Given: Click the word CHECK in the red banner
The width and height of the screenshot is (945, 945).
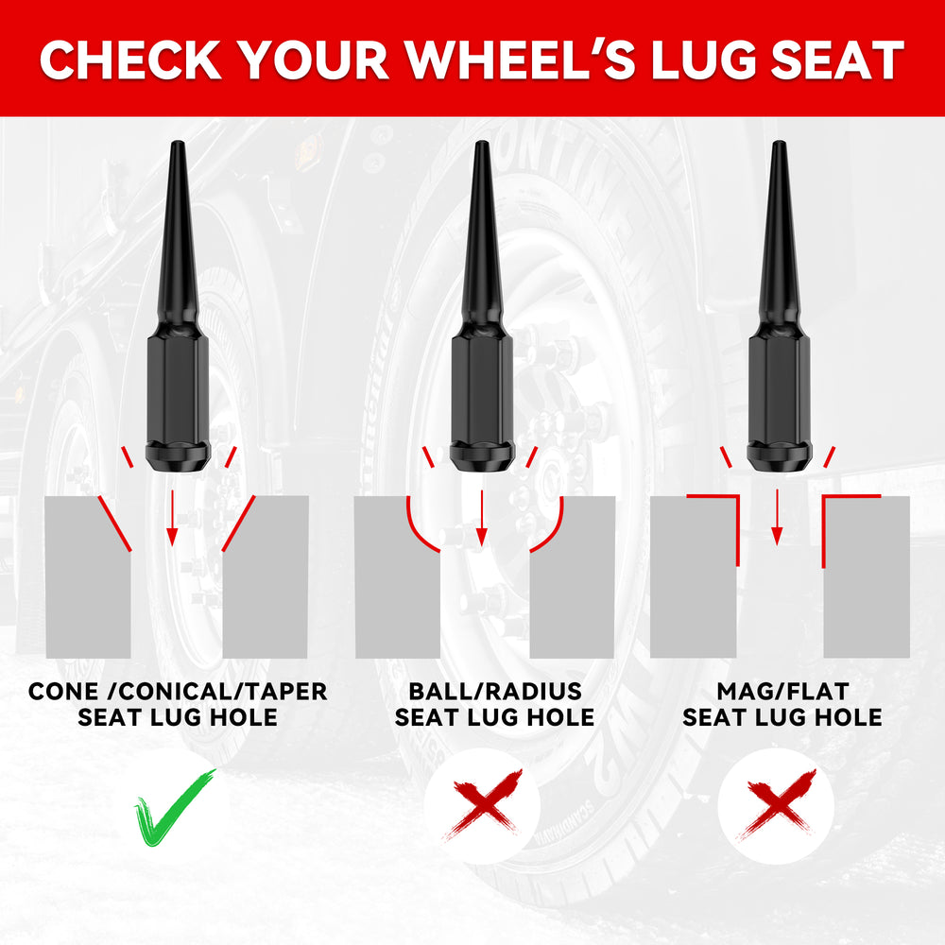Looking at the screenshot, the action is pos(130,60).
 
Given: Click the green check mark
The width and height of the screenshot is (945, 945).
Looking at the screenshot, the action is pos(174,808).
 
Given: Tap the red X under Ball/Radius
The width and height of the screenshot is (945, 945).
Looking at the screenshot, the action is pos(482,804).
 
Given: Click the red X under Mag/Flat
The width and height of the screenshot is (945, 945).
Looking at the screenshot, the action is pos(776,804).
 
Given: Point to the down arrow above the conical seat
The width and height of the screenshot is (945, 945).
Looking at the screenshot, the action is pos(172,518).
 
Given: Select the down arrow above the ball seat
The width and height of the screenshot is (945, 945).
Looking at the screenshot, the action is pos(482,518).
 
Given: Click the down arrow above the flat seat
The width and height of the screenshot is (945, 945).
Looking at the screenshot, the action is pos(777,518).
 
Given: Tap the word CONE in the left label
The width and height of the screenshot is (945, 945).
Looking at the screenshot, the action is pos(63,692).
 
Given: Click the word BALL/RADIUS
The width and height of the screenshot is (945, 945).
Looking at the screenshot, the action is pos(495,692).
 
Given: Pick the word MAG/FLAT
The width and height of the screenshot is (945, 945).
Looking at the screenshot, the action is pos(782,692).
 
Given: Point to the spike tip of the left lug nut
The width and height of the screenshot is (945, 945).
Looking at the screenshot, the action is pos(178,144).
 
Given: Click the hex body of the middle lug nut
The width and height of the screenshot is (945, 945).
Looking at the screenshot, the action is pos(482,388).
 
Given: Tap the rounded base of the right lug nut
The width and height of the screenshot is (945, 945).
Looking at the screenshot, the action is pos(780,457).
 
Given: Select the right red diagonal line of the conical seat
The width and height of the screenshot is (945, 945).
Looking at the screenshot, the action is pos(239,524).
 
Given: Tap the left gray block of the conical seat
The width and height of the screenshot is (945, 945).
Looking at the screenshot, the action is pos(88,577).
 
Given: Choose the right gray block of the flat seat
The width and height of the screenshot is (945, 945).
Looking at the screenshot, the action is pos(867,577).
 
